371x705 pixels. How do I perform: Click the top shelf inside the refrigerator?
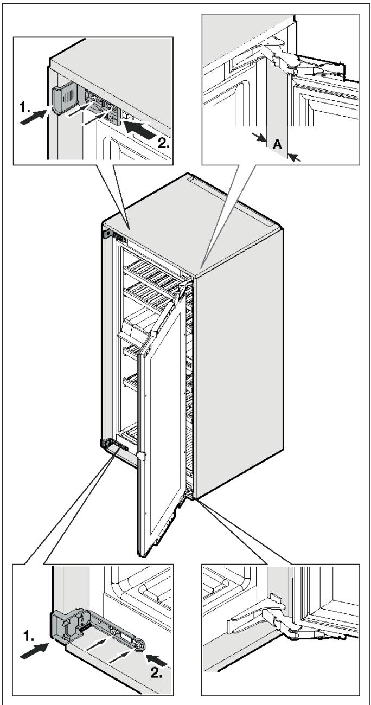click(x=152, y=268)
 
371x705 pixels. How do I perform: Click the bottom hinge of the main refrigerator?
click(x=190, y=494)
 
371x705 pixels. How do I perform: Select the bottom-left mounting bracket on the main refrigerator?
click(x=114, y=446)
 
